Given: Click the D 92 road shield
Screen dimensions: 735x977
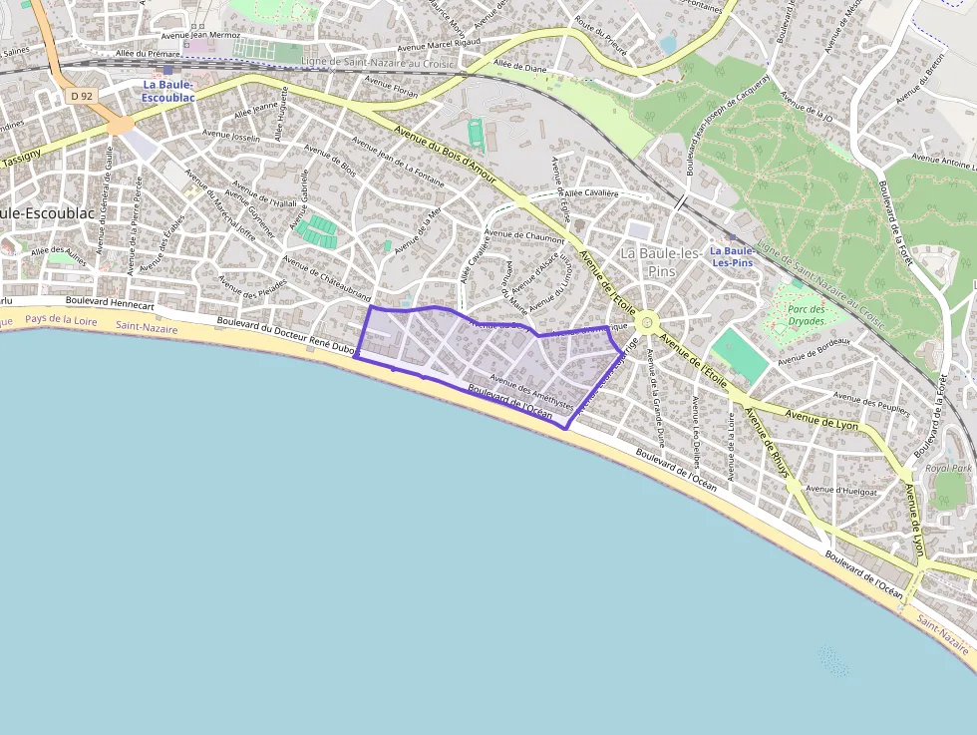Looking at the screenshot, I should [81, 96].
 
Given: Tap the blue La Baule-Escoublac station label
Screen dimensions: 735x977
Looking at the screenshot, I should [166, 92].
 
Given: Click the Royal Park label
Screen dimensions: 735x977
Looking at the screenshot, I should [948, 468].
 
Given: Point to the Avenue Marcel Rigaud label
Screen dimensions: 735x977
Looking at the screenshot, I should [439, 46].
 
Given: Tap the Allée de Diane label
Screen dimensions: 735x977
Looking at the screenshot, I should [520, 67].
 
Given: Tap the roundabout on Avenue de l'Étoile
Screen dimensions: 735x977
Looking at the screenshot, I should [647, 321].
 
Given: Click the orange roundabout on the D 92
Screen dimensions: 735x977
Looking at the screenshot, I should [120, 125].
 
